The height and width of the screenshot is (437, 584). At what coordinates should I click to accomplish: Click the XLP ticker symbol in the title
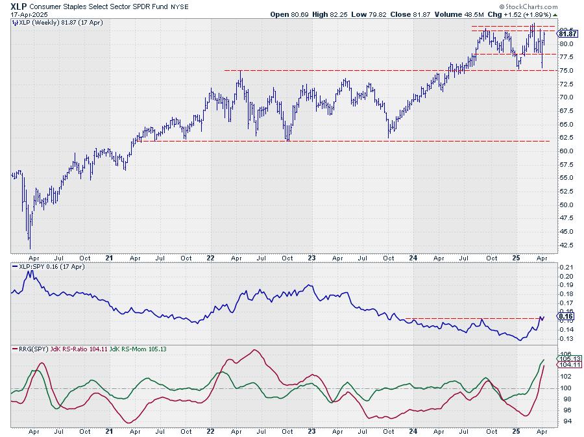point(18,5)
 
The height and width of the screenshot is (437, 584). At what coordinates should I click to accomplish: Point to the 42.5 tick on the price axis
point(566,245)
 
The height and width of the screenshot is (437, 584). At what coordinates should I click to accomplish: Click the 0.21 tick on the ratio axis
point(565,267)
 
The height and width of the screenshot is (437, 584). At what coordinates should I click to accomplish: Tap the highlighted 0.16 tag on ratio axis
point(565,316)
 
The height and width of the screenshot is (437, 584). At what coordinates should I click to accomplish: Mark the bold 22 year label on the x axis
point(211,257)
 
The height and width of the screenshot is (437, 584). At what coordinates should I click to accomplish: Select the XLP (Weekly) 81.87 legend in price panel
point(45,21)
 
